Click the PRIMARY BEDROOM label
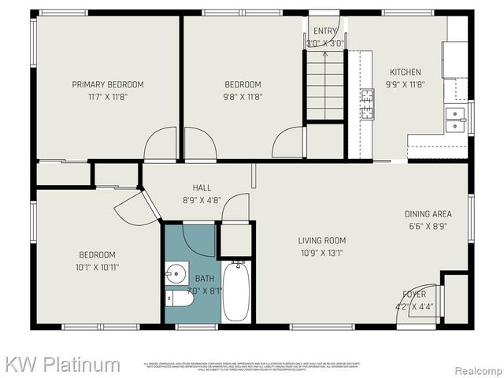coord(108,84)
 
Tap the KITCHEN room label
coord(403,72)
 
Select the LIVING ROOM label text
coord(321,240)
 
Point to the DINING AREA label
coord(428,213)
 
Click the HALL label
coord(202,187)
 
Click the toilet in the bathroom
coord(180,299)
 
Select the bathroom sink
coord(176,274)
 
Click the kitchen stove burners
coord(367,104)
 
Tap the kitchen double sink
coord(454,120)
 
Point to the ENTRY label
coord(324,31)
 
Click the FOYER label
coord(414,295)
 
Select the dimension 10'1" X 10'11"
coord(97,267)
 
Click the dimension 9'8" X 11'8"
coord(243,97)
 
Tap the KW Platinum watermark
coord(63,365)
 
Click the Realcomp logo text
coord(474,366)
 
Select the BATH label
coord(204,277)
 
